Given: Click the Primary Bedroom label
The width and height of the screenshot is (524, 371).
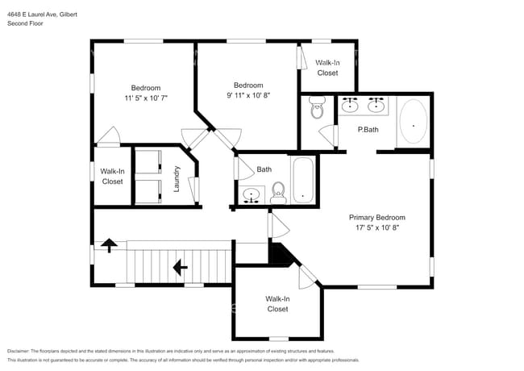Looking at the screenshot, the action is click(x=377, y=218).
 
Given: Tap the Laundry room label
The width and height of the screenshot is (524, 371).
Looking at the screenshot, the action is click(x=177, y=179).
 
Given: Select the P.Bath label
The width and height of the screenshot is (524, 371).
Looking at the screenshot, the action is click(x=368, y=130).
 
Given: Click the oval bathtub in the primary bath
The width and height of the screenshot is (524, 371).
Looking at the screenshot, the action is click(x=414, y=121).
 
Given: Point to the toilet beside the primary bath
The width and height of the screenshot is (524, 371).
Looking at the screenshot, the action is click(x=317, y=107).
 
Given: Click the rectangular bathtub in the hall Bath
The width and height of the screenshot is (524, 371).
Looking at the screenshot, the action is click(x=303, y=180).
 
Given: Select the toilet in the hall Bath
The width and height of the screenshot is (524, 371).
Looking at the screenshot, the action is click(x=278, y=193).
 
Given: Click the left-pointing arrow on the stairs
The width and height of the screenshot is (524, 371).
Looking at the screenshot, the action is click(x=180, y=267).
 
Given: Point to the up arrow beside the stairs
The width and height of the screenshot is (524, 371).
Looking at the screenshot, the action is click(x=109, y=245).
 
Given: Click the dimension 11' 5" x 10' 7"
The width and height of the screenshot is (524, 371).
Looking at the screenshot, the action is click(x=146, y=98).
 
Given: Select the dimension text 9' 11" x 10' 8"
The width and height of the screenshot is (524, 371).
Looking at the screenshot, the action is click(x=248, y=95).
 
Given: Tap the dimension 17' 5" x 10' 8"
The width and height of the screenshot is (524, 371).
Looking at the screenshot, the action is click(x=377, y=227).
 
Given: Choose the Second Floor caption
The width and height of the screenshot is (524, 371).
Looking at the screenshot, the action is click(x=25, y=23).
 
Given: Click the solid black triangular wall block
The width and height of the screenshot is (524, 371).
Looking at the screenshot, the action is click(x=280, y=255).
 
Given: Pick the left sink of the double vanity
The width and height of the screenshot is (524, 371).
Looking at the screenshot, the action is click(x=350, y=105).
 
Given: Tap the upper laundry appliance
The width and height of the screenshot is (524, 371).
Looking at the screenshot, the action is click(x=148, y=162).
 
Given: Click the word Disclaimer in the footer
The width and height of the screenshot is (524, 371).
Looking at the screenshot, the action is click(x=19, y=351).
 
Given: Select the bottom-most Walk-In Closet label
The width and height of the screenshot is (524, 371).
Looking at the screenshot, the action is click(x=277, y=304).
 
